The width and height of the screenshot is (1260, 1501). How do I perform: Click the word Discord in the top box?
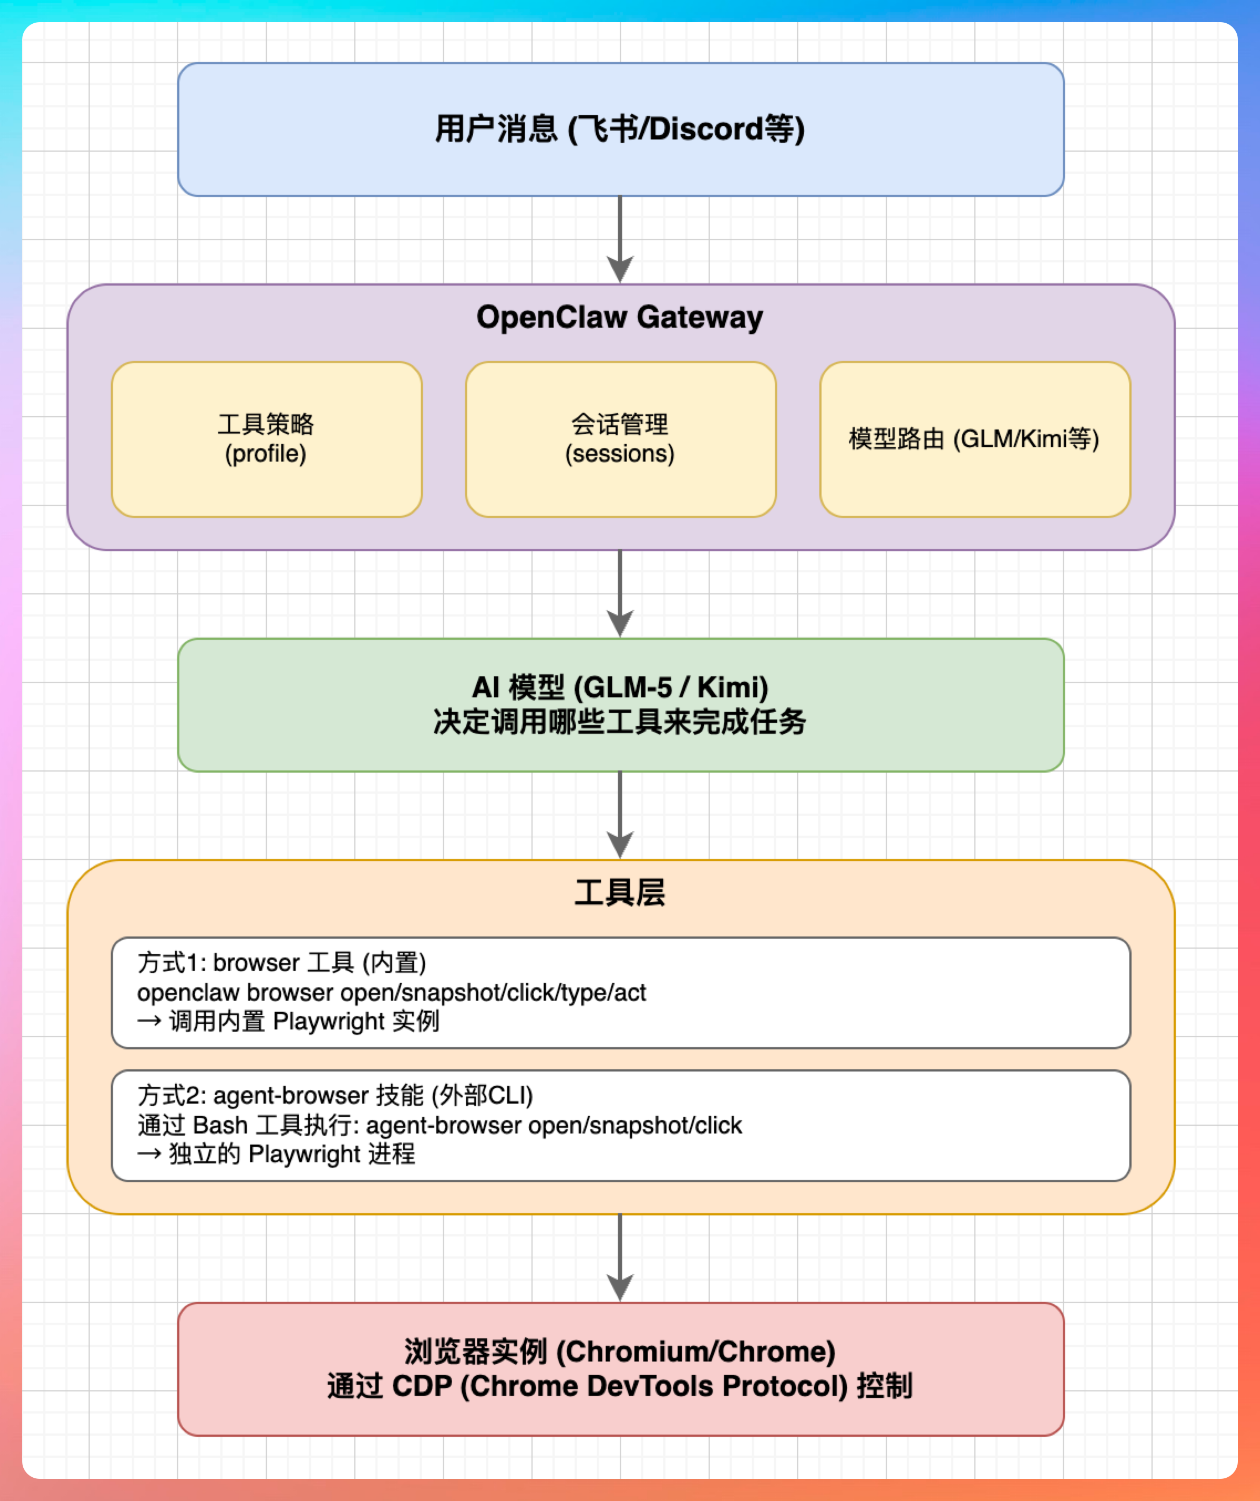pos(706,130)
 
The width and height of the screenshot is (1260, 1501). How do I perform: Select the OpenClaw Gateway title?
pos(619,317)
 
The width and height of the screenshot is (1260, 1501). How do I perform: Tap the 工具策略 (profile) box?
pos(266,439)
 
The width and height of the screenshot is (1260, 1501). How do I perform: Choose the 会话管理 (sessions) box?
pos(620,439)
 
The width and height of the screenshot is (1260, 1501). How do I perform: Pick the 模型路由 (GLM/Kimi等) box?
pos(974,439)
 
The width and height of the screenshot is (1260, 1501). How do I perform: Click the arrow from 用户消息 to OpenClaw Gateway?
pos(620,240)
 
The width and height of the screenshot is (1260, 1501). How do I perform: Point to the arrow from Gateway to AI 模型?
pos(620,593)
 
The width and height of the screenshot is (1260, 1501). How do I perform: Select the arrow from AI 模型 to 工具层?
pos(620,815)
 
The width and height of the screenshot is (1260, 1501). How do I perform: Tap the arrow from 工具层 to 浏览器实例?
pos(620,1258)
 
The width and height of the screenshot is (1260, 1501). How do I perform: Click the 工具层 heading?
pos(619,893)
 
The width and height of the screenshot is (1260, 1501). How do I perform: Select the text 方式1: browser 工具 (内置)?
pos(282,963)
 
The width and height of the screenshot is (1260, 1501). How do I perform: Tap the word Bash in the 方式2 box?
pos(220,1126)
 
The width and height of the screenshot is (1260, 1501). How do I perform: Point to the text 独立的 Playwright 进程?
pos(292,1155)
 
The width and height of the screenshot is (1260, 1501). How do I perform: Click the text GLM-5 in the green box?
pos(628,687)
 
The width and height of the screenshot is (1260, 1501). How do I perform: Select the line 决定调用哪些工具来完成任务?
pos(619,722)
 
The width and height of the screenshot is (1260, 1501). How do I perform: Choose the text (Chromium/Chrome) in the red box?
pos(696,1352)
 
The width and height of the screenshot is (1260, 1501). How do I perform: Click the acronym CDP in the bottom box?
pos(422,1386)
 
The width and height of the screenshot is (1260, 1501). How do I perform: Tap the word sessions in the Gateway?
pos(620,454)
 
